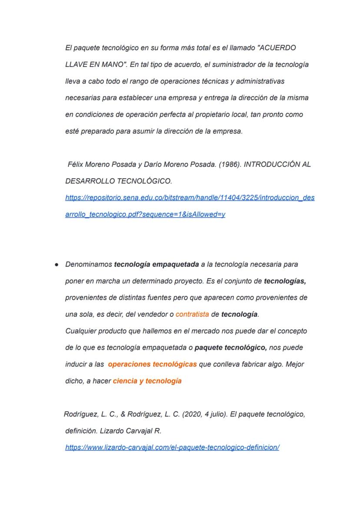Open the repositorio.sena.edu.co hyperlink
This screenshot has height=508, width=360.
coord(190,198)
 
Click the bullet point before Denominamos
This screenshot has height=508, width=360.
coord(57,265)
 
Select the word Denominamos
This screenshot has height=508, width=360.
coord(88,264)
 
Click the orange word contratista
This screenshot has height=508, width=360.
coord(192,314)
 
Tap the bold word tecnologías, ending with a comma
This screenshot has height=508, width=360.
coord(285,281)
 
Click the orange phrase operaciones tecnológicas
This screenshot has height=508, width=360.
coord(152,364)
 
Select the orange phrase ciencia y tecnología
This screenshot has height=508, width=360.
coord(147,381)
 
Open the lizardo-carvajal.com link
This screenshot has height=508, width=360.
coord(172,447)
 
